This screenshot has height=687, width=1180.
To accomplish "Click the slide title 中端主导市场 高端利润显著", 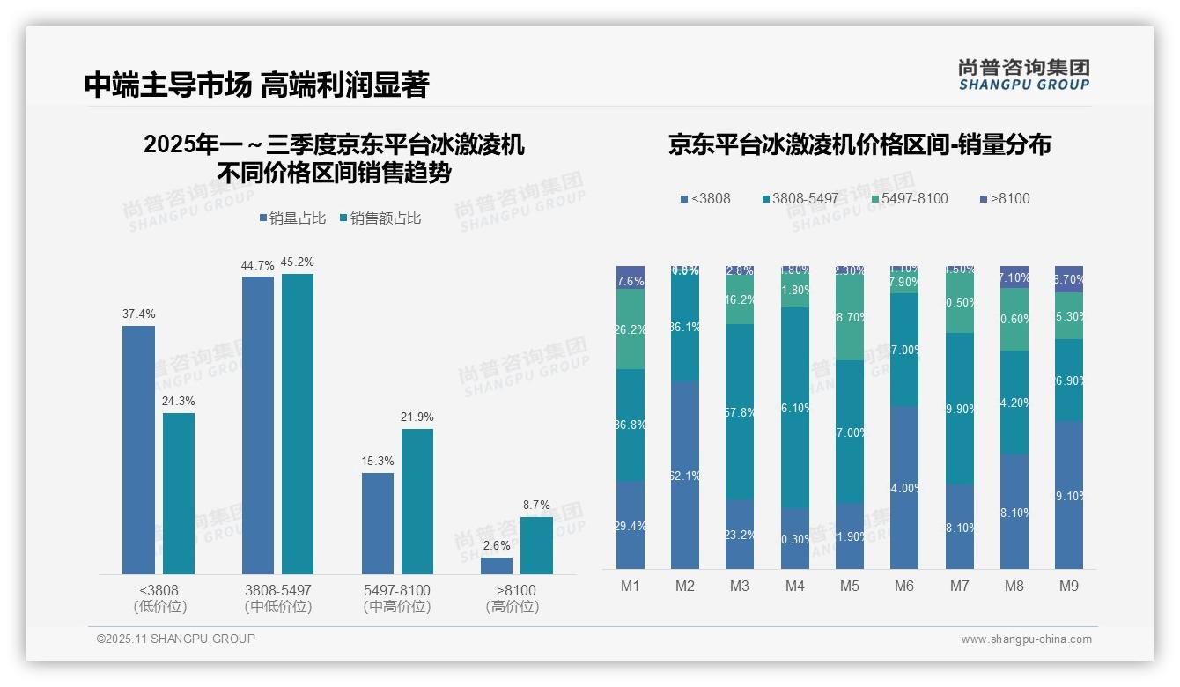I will coord(255,85).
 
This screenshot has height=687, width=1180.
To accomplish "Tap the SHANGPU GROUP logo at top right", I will coord(1023,75).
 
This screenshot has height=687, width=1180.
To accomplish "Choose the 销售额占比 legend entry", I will coord(380,218).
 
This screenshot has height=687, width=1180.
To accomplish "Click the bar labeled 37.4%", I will coord(138,449).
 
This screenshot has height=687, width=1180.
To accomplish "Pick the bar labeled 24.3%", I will coord(179,493).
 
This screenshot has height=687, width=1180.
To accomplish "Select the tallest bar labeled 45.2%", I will coord(298,424).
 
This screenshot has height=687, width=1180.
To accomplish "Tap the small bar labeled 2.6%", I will coord(497,565).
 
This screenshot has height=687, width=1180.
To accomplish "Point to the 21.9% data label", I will coord(417,417).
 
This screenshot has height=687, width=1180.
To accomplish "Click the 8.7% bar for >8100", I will coord(536,545).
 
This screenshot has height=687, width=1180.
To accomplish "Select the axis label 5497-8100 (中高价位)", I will coord(397,598).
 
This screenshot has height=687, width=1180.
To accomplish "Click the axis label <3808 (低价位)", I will coord(159,598).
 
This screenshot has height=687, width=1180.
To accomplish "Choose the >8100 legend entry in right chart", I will coord(1004,198).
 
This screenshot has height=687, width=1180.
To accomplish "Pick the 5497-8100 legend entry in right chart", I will coord(903,198).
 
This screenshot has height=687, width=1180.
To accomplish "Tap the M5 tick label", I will coord(849,586).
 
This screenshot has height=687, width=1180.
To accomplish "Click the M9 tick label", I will coord(1068,586).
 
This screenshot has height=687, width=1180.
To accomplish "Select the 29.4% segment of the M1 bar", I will coord(631,525).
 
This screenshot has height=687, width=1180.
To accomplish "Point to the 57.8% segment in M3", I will coord(740,411).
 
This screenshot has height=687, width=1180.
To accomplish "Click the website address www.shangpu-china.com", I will coord(1026,639).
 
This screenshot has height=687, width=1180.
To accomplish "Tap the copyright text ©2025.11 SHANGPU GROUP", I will coord(176,639).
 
